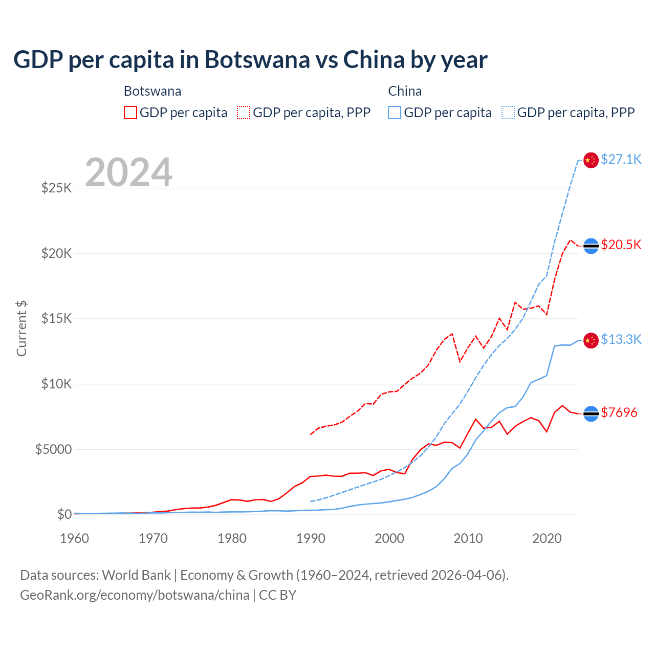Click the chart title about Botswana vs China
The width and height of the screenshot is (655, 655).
[x=250, y=60]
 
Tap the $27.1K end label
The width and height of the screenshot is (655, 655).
[x=621, y=159]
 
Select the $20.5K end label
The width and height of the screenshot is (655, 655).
[x=621, y=245]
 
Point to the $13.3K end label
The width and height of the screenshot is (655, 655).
[x=621, y=339]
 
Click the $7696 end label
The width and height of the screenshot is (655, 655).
[x=619, y=412]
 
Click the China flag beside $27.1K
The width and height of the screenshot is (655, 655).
[x=591, y=160]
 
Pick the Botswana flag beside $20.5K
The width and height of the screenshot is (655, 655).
[x=591, y=246]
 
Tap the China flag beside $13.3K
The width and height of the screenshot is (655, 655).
[x=591, y=340]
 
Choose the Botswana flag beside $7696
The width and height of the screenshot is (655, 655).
[x=591, y=413]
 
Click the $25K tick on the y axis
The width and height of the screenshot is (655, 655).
[x=56, y=188]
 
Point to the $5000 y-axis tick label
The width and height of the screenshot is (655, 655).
[x=53, y=449]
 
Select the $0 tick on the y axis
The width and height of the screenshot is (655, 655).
[x=64, y=514]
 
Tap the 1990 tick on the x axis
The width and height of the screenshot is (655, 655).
[x=311, y=538]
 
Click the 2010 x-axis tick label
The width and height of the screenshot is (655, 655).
[x=468, y=538]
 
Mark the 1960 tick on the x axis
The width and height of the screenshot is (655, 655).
[x=75, y=538]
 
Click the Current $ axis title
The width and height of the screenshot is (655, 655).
[x=21, y=328]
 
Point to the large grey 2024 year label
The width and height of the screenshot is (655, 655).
[x=128, y=172]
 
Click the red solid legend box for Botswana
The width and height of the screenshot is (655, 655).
[x=130, y=113]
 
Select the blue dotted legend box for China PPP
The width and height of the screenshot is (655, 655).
[x=508, y=113]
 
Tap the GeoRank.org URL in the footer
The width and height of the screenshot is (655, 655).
[x=135, y=595]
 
